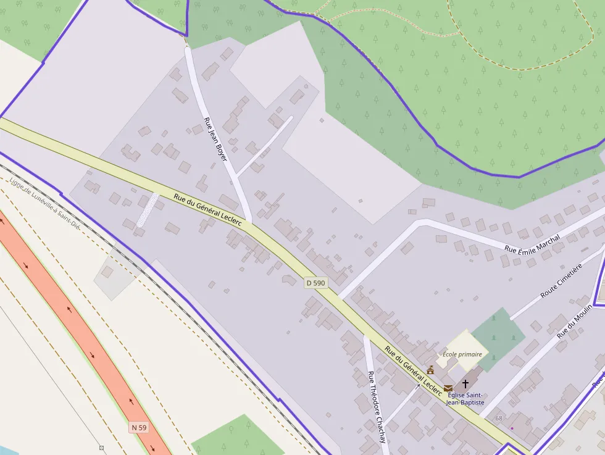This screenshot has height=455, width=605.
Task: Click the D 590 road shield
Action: (x=315, y=283)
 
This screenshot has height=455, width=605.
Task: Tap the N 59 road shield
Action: (x=139, y=427)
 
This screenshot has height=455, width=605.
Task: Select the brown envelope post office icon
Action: (x=448, y=388)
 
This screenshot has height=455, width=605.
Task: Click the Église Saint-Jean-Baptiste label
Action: (x=465, y=399)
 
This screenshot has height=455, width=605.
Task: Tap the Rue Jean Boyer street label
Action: (x=215, y=140)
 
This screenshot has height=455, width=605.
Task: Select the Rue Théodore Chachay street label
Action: (x=377, y=407)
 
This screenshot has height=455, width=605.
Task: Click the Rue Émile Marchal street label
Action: (x=532, y=243)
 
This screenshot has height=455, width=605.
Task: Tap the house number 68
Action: (x=499, y=419)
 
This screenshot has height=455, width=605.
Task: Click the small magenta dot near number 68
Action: (x=512, y=428)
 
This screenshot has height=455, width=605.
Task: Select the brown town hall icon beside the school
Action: (x=430, y=370)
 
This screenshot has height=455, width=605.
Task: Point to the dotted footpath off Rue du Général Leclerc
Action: (x=148, y=209)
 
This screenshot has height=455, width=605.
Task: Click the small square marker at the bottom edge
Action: (x=101, y=448)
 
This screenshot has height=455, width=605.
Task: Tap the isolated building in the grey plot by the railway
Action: (x=107, y=272)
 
